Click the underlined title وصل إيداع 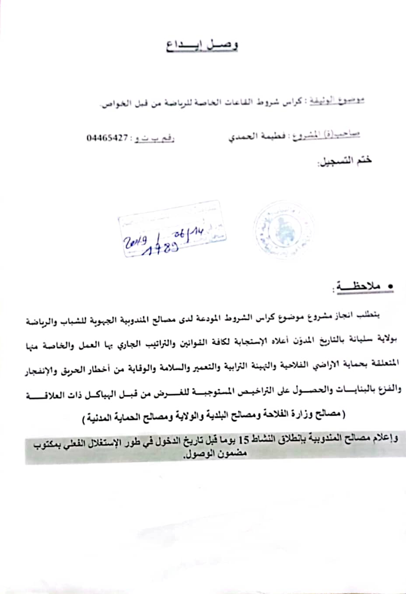click(202, 46)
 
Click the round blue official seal click(276, 230)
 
